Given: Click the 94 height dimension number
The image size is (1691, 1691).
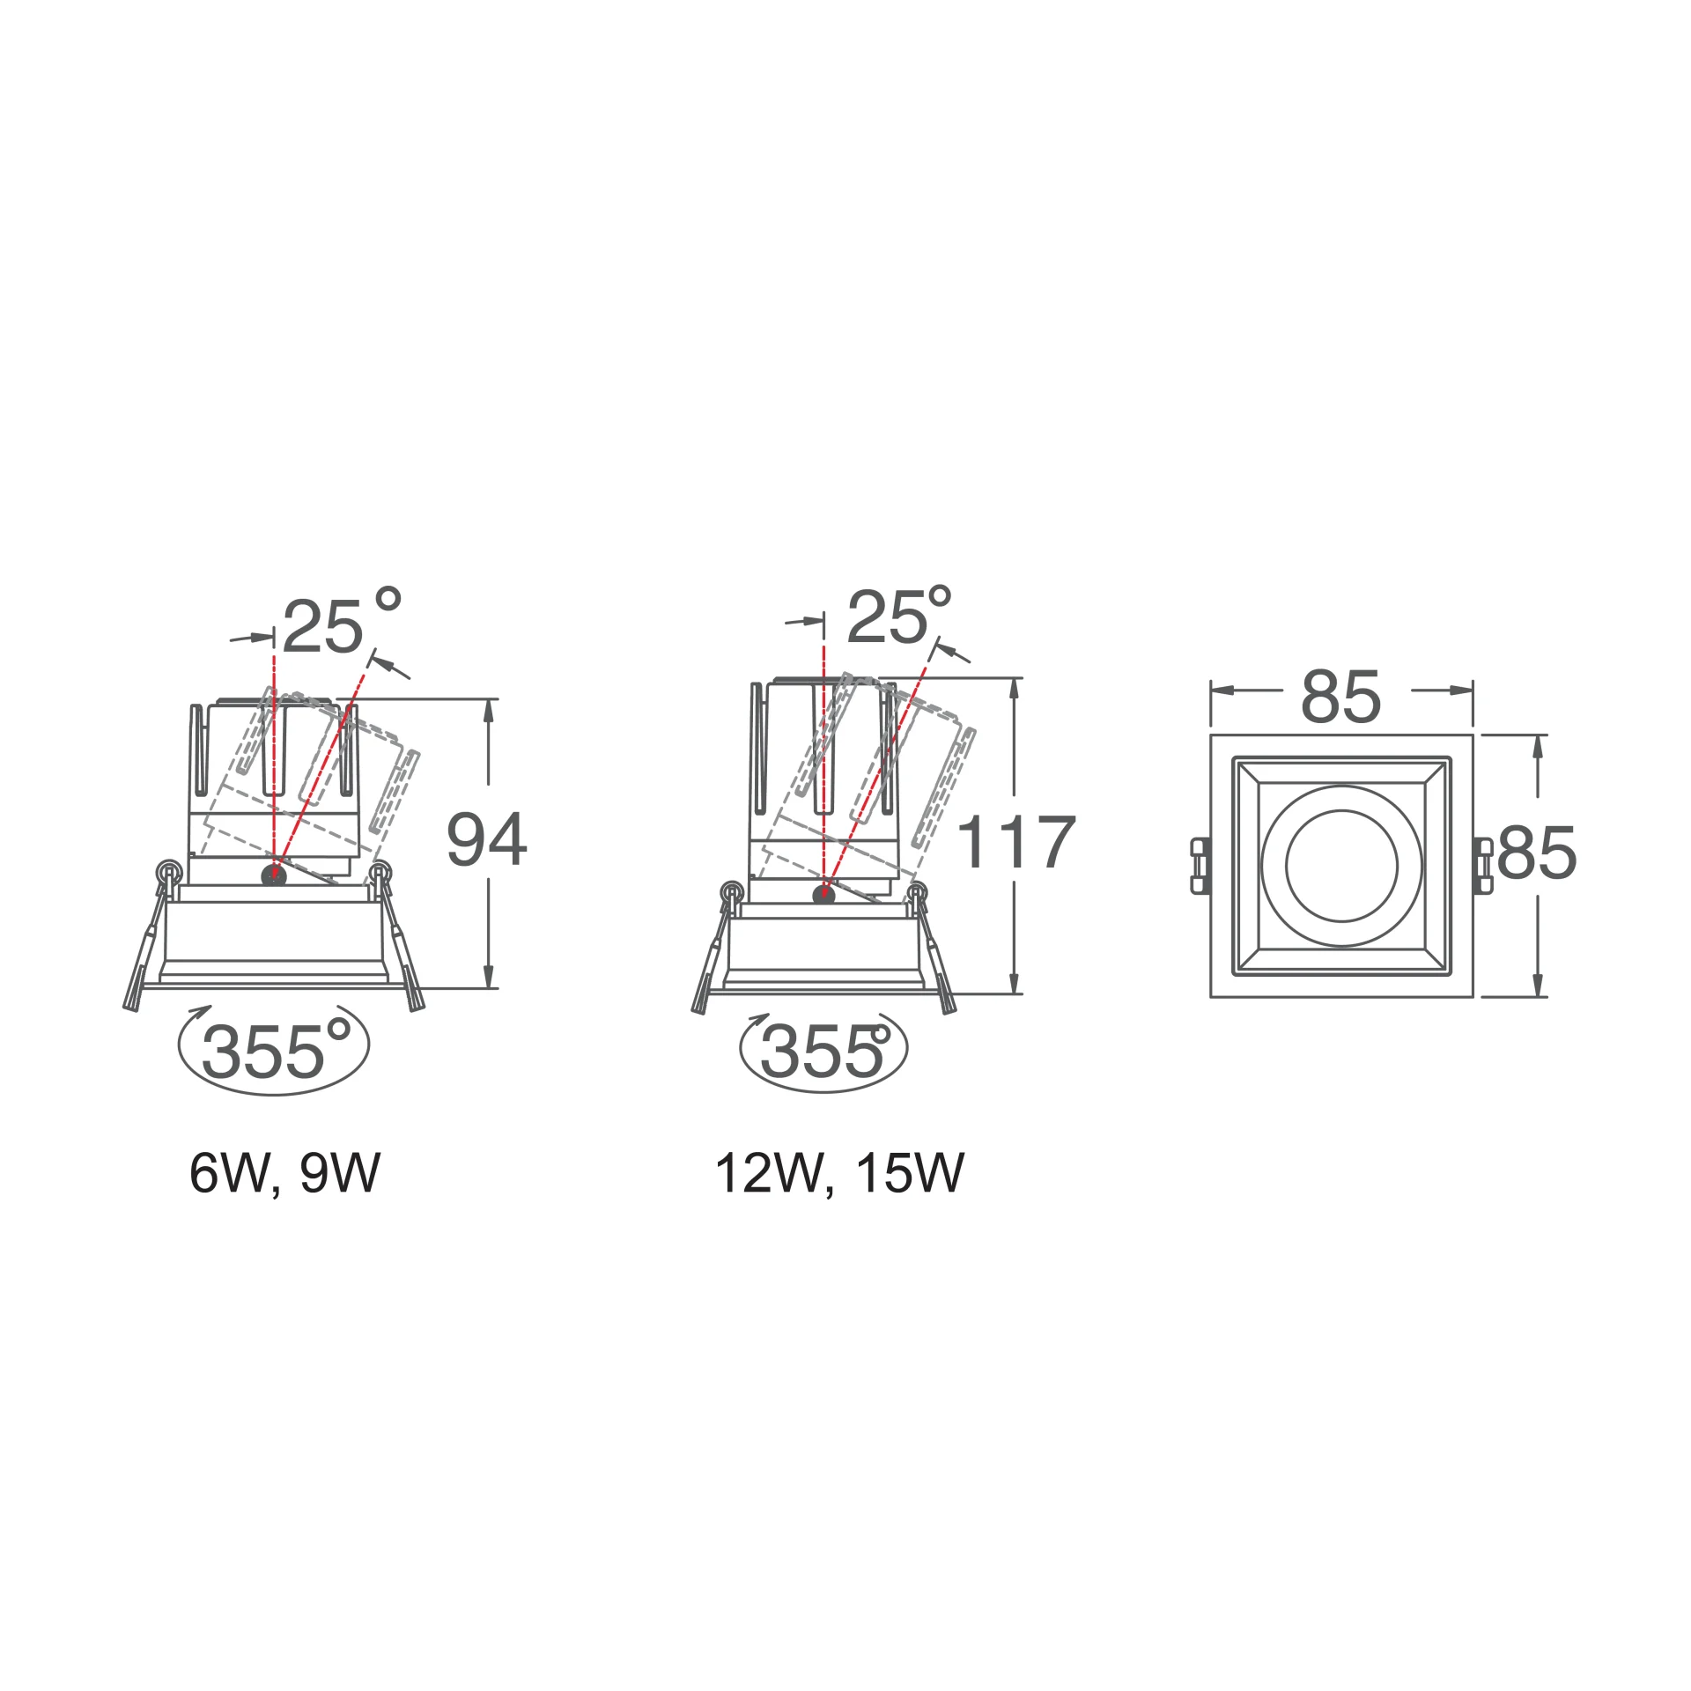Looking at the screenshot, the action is [x=487, y=839].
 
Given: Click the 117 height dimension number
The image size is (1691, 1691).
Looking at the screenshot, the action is [x=1015, y=841].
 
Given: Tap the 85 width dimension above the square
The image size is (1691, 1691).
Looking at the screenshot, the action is [x=1341, y=697].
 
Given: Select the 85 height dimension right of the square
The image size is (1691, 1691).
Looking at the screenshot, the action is [x=1537, y=852].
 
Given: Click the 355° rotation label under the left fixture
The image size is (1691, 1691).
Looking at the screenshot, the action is [x=276, y=1050].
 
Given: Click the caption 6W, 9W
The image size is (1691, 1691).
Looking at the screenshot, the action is [x=284, y=1173].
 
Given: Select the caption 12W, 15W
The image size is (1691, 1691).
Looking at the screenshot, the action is [x=839, y=1173].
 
